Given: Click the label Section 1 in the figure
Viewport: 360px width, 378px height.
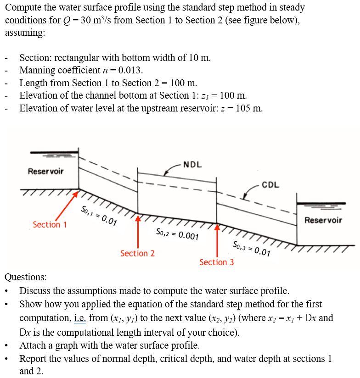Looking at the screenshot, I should coord(50,225).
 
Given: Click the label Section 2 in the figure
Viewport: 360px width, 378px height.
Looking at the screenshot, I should coord(137,253).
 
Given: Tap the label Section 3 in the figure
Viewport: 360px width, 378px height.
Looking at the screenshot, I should coord(216,262).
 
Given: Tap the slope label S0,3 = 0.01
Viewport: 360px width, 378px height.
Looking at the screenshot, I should coord(252,248).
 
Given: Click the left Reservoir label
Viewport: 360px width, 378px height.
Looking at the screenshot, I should coord(45,171).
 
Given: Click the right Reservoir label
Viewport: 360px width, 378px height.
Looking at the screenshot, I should coord(323,220).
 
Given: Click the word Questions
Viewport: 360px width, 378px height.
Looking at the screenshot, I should coord(26,277).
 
